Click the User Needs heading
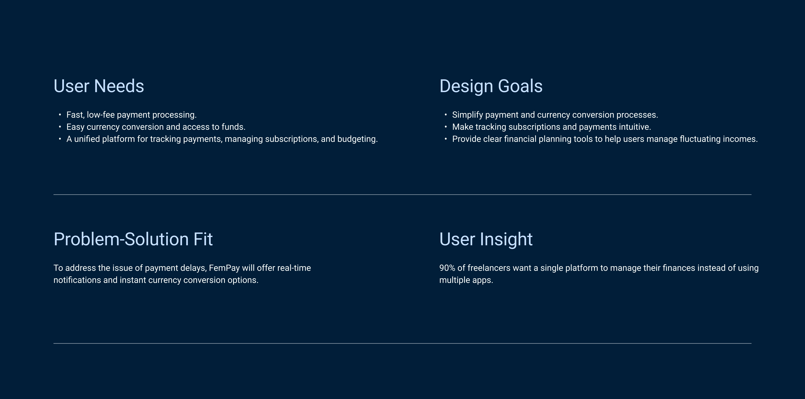point(99,86)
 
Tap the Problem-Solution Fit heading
point(133,239)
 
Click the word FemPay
point(224,268)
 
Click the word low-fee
point(101,115)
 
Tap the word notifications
point(77,280)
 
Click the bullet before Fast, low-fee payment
point(60,115)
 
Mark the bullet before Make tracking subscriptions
point(446,127)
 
